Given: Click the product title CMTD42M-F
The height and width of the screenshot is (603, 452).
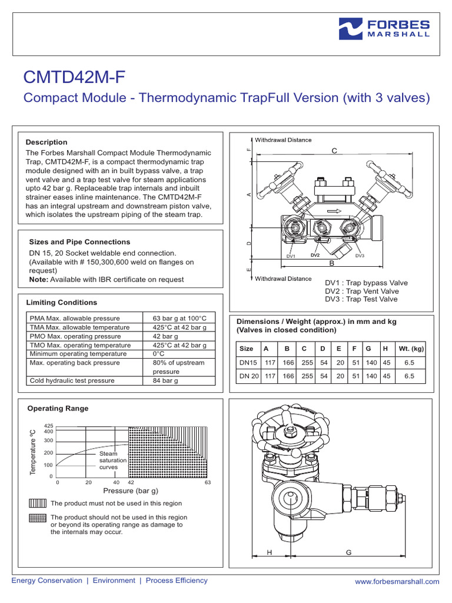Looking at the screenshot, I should pyautogui.click(x=74, y=77).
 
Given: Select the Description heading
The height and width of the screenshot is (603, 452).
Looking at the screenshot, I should pyautogui.click(x=46, y=142).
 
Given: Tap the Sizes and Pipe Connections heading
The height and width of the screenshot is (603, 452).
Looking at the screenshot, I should pyautogui.click(x=79, y=242).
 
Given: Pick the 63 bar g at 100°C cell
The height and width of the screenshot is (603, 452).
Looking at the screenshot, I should pyautogui.click(x=180, y=318).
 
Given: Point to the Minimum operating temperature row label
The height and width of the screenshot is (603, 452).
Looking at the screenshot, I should pyautogui.click(x=78, y=354).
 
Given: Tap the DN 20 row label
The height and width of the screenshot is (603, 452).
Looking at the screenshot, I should pyautogui.click(x=248, y=375).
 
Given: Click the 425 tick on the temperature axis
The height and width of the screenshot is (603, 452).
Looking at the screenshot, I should pyautogui.click(x=49, y=425).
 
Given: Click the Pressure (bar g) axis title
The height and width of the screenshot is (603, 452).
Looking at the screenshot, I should pyautogui.click(x=131, y=491).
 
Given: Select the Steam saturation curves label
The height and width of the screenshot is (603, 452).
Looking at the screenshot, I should pyautogui.click(x=108, y=460).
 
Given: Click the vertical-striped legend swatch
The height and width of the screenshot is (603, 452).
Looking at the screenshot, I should pyautogui.click(x=36, y=503).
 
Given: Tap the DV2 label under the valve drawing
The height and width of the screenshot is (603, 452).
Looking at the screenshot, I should pyautogui.click(x=315, y=255).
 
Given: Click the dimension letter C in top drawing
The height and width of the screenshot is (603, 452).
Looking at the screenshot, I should pyautogui.click(x=334, y=151).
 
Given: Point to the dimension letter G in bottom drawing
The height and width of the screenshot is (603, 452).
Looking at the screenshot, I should pyautogui.click(x=348, y=552).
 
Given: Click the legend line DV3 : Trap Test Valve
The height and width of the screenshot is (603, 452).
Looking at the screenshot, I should pyautogui.click(x=361, y=299).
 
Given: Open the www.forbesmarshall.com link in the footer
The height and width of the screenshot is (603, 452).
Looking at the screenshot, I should pyautogui.click(x=397, y=581).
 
